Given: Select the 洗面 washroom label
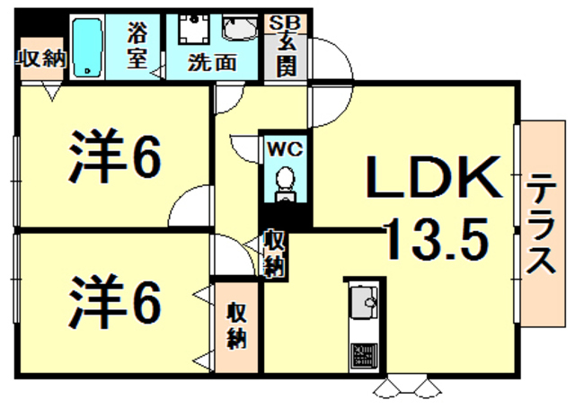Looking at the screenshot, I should click(212, 64).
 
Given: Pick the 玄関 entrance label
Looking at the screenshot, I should click(287, 54).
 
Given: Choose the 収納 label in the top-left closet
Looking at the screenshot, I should click(41, 59).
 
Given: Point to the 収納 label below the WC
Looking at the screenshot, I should click(276, 253).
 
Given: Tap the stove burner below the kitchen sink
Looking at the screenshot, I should click(364, 353).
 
